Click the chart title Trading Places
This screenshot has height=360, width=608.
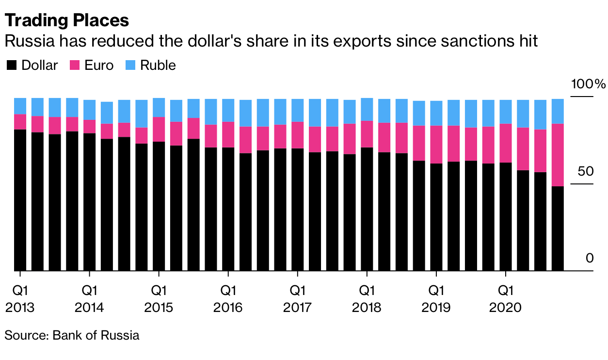click(67, 20)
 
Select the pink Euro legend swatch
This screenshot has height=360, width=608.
click(75, 65)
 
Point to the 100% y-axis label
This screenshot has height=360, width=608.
click(588, 84)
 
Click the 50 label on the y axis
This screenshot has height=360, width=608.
click(585, 172)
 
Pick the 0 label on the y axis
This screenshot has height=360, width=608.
click(589, 258)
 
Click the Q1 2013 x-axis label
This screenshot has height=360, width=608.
click(20, 299)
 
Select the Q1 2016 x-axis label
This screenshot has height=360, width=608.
click(228, 299)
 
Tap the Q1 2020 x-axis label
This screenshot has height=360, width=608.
click(506, 299)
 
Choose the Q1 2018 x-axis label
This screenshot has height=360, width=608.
click(367, 299)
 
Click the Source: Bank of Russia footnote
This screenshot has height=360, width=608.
click(72, 335)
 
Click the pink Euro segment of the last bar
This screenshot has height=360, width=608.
click(558, 155)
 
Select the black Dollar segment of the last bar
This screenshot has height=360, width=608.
click(558, 228)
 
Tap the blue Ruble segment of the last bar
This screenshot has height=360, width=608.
click(558, 111)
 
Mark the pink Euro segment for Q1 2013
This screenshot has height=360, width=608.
click(20, 122)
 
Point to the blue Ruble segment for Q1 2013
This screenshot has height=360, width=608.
click(20, 106)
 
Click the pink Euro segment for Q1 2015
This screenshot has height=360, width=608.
click(159, 129)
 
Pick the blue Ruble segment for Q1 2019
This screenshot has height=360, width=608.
click(436, 113)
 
